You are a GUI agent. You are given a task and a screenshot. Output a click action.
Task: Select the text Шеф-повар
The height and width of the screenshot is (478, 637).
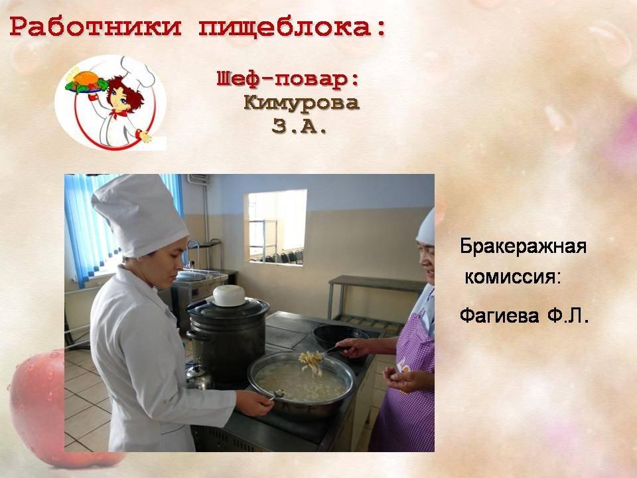pos(288,78)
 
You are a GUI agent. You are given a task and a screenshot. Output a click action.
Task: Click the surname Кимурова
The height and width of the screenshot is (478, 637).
pos(302,103)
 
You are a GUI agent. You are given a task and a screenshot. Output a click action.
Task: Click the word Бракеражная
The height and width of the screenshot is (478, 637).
pos(524,246)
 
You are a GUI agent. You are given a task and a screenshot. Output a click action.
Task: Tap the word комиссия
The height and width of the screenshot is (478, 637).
pos(513,277)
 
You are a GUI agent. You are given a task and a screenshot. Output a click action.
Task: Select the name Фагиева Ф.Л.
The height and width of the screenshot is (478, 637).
pos(524,315)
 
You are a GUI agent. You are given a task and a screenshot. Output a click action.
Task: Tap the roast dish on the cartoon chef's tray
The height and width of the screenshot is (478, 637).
pos(86,80)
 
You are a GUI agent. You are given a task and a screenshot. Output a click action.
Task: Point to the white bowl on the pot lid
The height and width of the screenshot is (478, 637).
pos(229,295)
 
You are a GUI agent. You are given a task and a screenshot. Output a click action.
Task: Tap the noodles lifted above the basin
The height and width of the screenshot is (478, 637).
pos(311,362)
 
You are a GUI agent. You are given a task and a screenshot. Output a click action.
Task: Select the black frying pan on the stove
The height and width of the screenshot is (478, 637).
pos(340,337)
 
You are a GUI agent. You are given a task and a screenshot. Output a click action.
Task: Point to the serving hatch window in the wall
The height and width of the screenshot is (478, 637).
pos(277,228)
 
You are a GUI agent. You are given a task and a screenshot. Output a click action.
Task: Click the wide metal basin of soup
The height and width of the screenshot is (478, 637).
pos(301,384)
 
